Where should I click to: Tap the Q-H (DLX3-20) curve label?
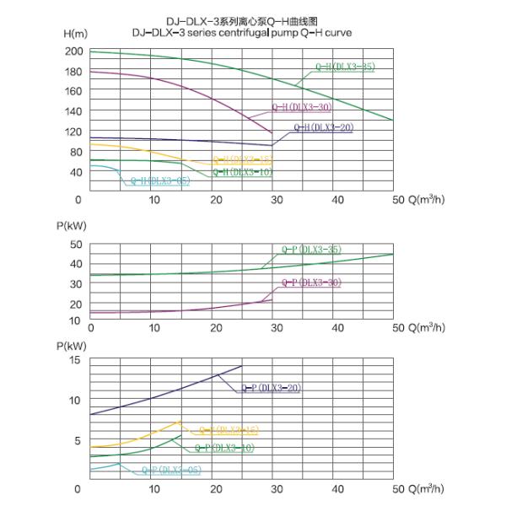(x=323, y=126)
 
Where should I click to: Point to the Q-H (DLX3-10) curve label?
(x=242, y=172)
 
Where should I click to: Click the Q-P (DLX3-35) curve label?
(x=311, y=250)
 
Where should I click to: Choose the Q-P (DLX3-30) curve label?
(x=311, y=283)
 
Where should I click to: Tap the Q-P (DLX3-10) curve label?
(x=225, y=449)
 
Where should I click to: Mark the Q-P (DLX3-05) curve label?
(x=171, y=470)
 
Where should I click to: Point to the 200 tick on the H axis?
(x=73, y=51)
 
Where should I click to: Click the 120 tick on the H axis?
(x=73, y=111)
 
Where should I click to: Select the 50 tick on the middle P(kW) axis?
(x=75, y=245)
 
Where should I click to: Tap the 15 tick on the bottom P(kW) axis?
(x=76, y=360)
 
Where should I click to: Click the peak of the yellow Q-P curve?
(x=179, y=421)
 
